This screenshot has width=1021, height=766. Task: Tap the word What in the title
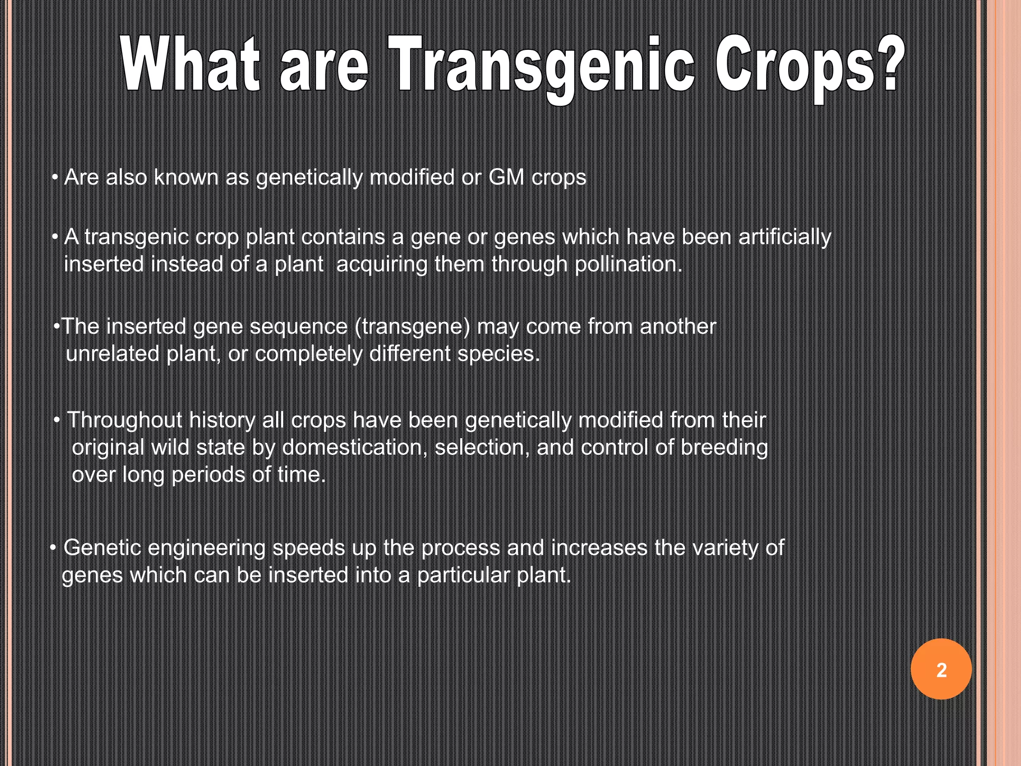pyautogui.click(x=190, y=65)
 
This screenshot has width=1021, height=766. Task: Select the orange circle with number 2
pyautogui.click(x=941, y=669)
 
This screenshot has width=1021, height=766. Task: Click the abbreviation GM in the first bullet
pyautogui.click(x=506, y=177)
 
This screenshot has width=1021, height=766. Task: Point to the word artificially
pyautogui.click(x=785, y=237)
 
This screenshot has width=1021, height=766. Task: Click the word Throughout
pyautogui.click(x=125, y=420)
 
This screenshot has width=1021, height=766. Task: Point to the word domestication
pyautogui.click(x=355, y=447)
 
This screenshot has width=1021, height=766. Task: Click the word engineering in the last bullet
pyautogui.click(x=206, y=548)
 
